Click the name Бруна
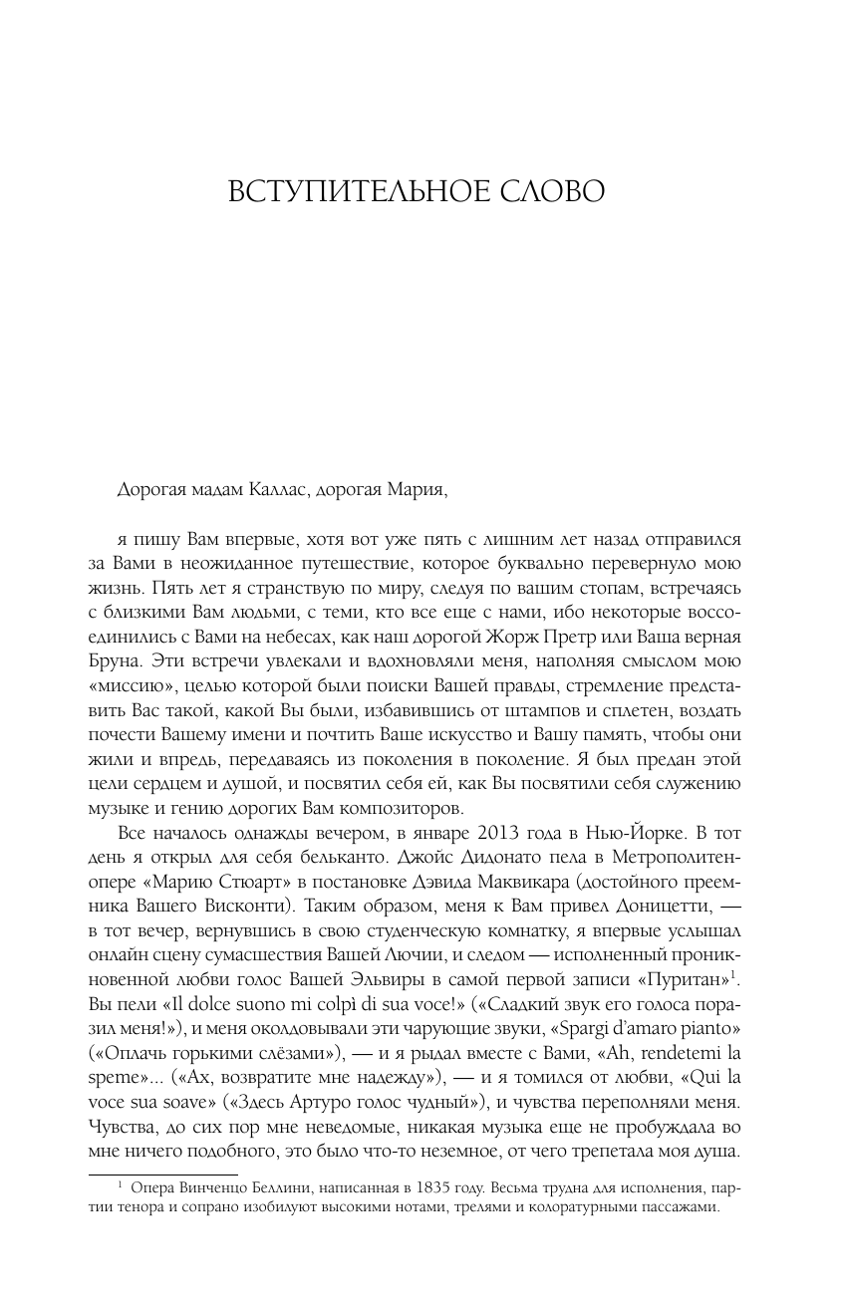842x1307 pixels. point(138,658)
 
